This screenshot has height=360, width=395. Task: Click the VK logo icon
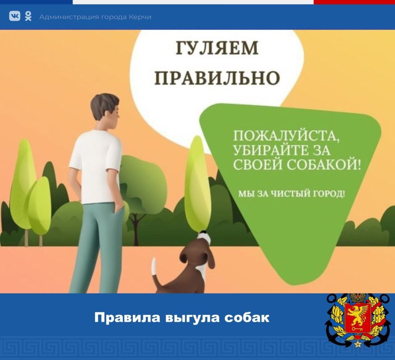pyautogui.click(x=14, y=17)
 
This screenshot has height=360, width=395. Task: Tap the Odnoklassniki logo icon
pyautogui.click(x=28, y=17)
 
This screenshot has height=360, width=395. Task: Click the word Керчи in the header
pyautogui.click(x=140, y=17)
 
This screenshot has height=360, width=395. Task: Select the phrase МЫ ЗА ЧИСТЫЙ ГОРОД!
pyautogui.click(x=292, y=194)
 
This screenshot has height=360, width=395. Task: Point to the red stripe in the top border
pyautogui.click(x=354, y=2)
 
